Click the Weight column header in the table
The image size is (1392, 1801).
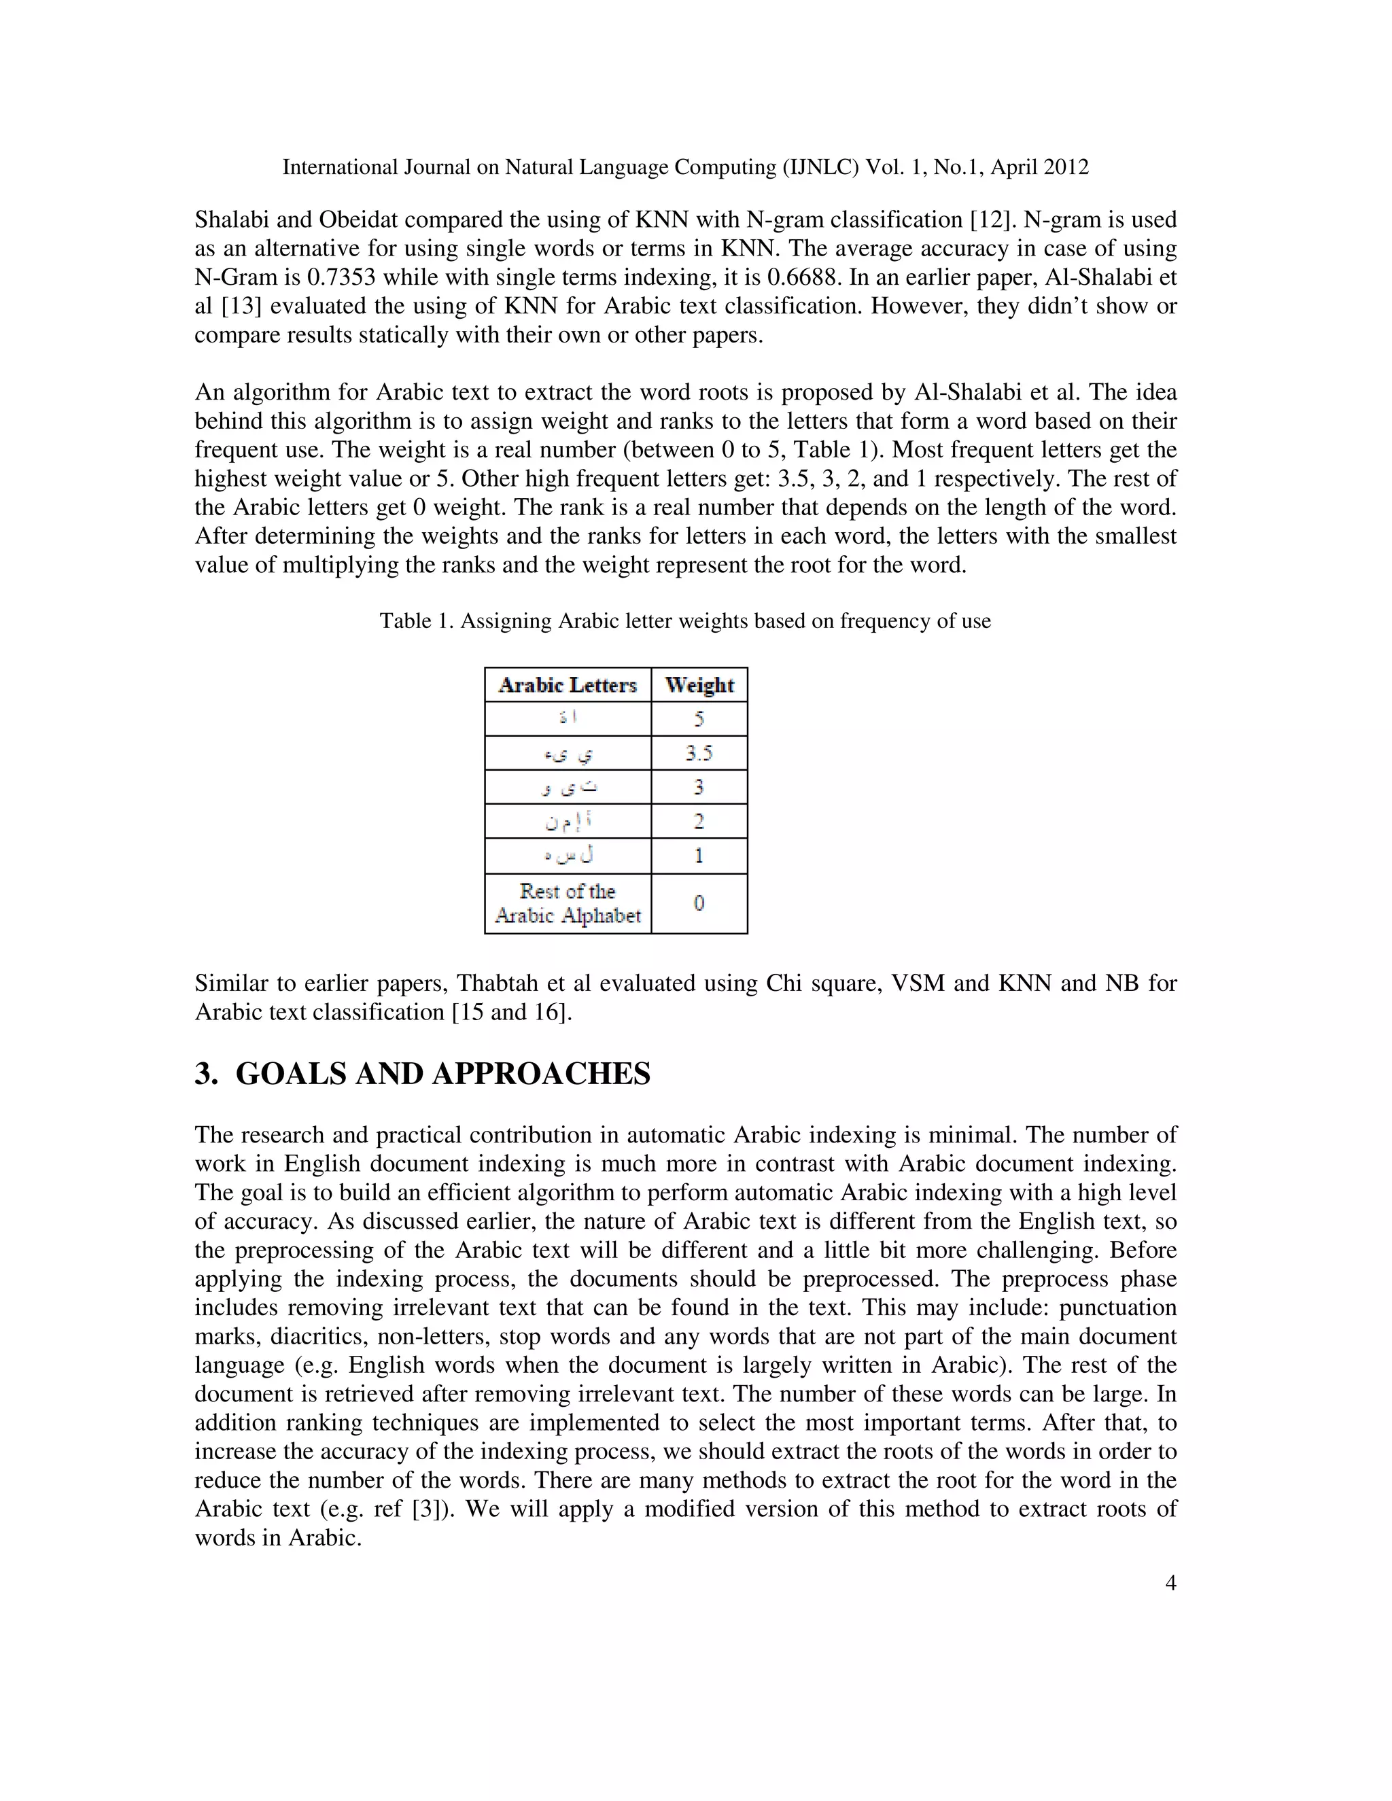(699, 684)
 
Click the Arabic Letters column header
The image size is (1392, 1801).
(568, 684)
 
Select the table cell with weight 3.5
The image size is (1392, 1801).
(699, 753)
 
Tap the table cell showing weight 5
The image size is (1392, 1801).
(699, 718)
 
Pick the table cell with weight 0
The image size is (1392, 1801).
(699, 903)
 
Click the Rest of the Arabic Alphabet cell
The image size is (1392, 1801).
(568, 903)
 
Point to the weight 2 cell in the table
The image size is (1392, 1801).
(699, 822)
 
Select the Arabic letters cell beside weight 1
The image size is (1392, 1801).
(568, 856)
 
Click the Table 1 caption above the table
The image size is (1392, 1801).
(684, 621)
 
